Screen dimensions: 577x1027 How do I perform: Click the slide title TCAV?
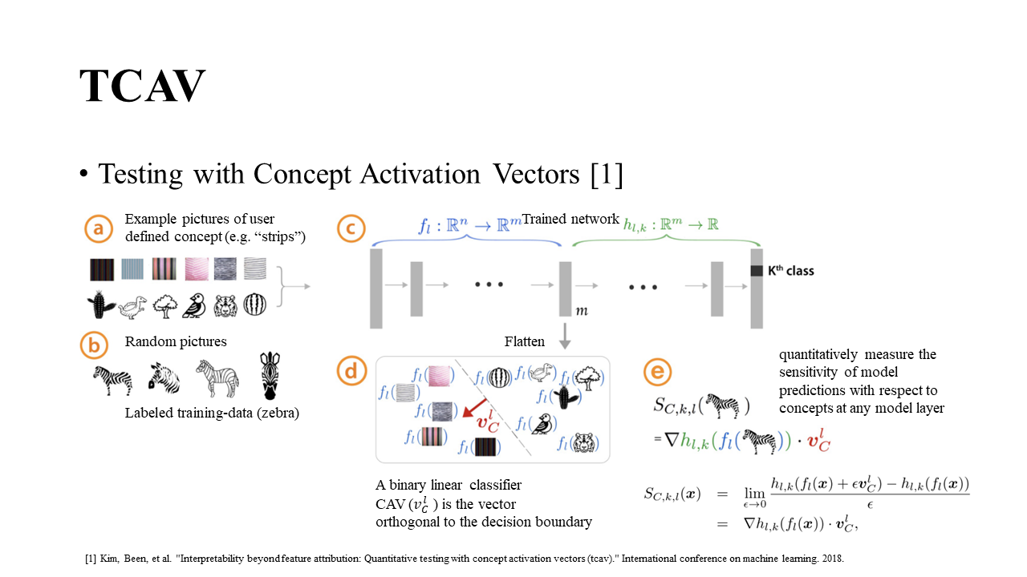pos(143,87)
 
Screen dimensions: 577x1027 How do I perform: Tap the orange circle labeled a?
pos(99,229)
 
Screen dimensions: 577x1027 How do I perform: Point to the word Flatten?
pos(525,341)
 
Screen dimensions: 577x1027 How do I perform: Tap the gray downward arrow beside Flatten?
pos(565,336)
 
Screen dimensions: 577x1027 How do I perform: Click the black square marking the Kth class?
pos(756,271)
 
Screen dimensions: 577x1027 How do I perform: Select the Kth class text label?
pos(790,271)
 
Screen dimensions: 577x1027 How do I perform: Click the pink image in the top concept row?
pos(197,268)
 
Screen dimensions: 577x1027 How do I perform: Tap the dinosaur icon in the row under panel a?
pos(133,305)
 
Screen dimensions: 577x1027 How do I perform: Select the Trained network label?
pos(570,219)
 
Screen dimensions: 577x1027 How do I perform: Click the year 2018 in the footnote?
pos(831,558)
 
